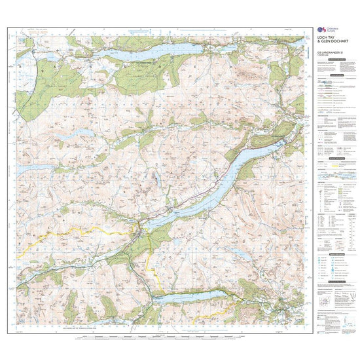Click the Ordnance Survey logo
[x=320, y=29]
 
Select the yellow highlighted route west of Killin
[x=72, y=233]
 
